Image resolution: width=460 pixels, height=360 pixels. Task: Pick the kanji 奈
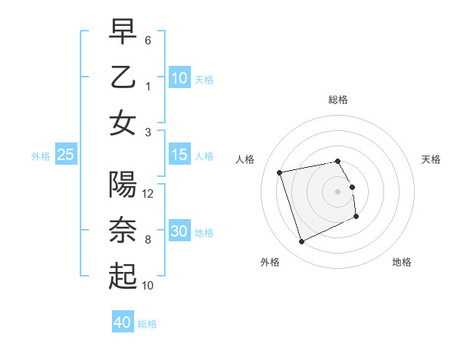tap(123, 231)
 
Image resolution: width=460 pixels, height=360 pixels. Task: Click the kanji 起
tap(123, 277)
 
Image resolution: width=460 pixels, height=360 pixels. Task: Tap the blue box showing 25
tap(65, 155)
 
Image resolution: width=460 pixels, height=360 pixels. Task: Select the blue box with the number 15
tap(179, 155)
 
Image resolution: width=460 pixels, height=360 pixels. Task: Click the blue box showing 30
tap(179, 231)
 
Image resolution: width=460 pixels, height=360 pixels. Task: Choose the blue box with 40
tap(123, 322)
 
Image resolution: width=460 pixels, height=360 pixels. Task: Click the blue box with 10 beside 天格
tap(179, 78)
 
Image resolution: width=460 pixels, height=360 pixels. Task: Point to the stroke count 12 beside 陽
tap(149, 193)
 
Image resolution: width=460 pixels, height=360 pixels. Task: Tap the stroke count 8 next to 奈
tap(148, 240)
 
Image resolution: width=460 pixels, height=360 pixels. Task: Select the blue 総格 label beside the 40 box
tap(147, 324)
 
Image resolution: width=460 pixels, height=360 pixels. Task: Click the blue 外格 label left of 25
tap(41, 156)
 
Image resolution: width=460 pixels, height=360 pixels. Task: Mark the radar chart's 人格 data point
tap(280, 172)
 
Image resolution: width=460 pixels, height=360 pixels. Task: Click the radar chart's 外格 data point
tap(301, 242)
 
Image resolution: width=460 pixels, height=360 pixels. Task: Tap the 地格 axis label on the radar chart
tap(402, 263)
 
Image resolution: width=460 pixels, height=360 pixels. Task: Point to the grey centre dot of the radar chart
tap(337, 191)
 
